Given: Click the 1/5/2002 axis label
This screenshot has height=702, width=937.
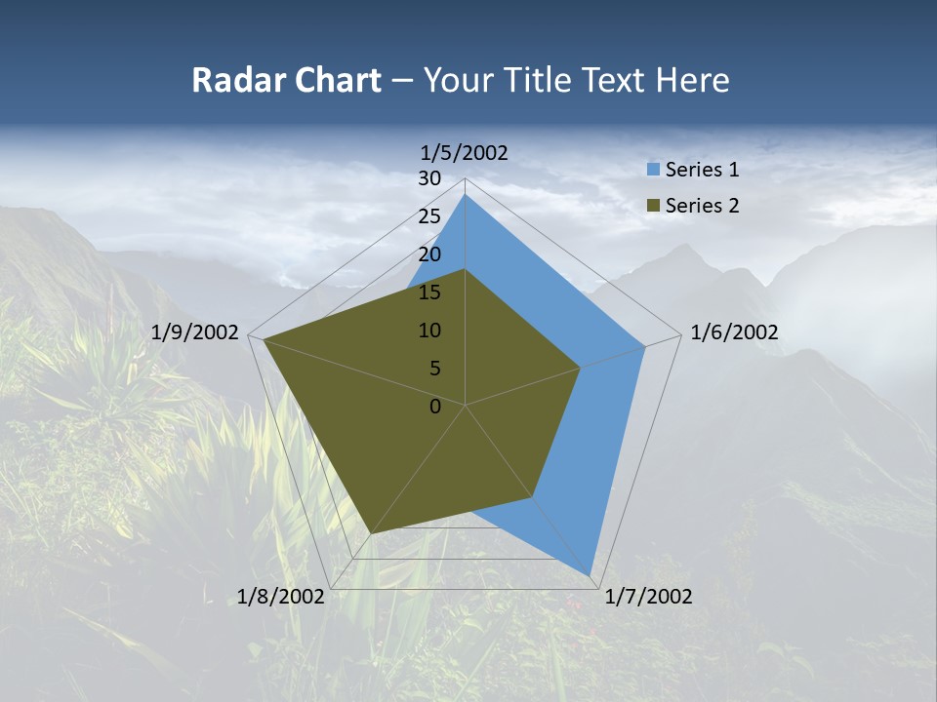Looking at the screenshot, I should tap(465, 152).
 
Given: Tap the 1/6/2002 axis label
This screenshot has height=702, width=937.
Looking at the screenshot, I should tap(734, 332).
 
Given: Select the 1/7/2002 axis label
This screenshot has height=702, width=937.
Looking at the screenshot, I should tap(648, 597).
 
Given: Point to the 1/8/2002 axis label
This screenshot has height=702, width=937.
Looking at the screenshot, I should tap(281, 597).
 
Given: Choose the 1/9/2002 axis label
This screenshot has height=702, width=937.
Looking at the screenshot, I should tap(195, 332).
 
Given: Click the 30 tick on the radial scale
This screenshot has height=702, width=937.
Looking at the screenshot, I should tap(429, 178).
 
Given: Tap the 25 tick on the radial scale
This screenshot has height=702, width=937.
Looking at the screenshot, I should tap(429, 216).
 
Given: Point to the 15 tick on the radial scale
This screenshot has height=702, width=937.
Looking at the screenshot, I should tap(429, 292).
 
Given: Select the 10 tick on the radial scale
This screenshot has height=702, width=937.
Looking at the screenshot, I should tap(429, 331).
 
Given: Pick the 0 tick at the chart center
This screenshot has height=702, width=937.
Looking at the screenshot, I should tap(435, 407).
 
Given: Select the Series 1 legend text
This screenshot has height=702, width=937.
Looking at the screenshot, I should tap(702, 170).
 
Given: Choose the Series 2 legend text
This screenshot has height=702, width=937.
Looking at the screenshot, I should tap(702, 206).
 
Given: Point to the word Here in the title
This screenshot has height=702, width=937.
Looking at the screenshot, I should tap(693, 80).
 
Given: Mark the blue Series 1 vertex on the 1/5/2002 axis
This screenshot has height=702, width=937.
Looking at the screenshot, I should tap(465, 194).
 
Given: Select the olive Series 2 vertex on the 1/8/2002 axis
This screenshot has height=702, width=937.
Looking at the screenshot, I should tap(371, 534).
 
